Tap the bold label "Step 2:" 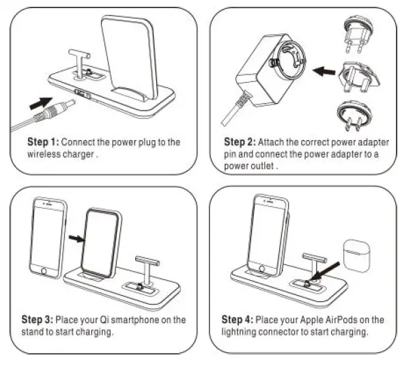pyautogui.click(x=240, y=143)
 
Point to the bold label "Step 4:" pyautogui.click(x=239, y=320)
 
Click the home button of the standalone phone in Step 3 pyautogui.click(x=46, y=272)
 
